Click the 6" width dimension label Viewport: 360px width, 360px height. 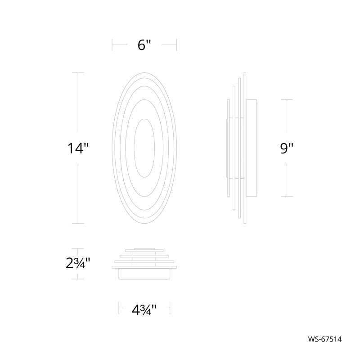[144, 45]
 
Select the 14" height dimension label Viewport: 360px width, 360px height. [77, 148]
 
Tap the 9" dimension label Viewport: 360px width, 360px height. [287, 148]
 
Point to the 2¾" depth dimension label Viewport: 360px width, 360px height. [77, 263]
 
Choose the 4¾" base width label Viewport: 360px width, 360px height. [144, 310]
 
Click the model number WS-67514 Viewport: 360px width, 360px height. [324, 339]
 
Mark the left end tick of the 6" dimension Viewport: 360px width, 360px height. [112, 45]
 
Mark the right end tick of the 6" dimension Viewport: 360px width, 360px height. [176, 45]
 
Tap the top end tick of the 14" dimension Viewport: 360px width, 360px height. [78, 72]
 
